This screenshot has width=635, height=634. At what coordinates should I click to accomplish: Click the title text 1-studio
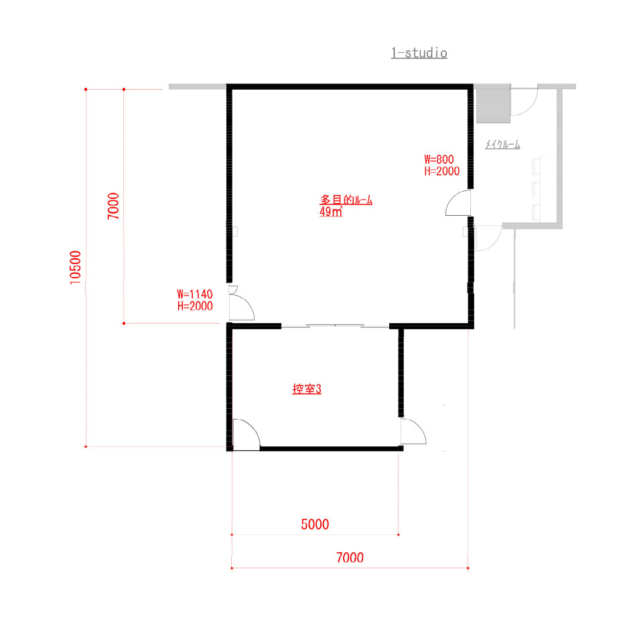pyautogui.click(x=419, y=53)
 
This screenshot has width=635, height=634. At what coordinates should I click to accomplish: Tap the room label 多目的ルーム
pyautogui.click(x=346, y=199)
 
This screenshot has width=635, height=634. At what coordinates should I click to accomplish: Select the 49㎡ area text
pyautogui.click(x=331, y=212)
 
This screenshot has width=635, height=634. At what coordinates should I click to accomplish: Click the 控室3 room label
pyautogui.click(x=307, y=389)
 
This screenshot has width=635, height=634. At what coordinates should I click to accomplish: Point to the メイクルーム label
pyautogui.click(x=502, y=144)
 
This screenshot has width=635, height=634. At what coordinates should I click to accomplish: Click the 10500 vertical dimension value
pyautogui.click(x=75, y=267)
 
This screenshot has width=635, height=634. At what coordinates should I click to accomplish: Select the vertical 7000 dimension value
pyautogui.click(x=113, y=206)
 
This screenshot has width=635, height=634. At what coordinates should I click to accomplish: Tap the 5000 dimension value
pyautogui.click(x=315, y=524)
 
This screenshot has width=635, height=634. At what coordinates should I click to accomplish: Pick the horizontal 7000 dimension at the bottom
pyautogui.click(x=350, y=558)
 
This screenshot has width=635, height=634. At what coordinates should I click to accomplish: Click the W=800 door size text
pyautogui.click(x=439, y=160)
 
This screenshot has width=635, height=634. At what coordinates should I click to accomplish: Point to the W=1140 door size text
pyautogui.click(x=195, y=294)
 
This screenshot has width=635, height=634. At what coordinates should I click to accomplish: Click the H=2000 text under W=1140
pyautogui.click(x=195, y=306)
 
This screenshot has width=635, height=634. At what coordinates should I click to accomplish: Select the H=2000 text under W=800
pyautogui.click(x=442, y=171)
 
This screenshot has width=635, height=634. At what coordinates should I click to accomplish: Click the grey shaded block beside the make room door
pyautogui.click(x=493, y=103)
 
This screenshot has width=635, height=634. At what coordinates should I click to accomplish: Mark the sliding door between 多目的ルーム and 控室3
pyautogui.click(x=336, y=325)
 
